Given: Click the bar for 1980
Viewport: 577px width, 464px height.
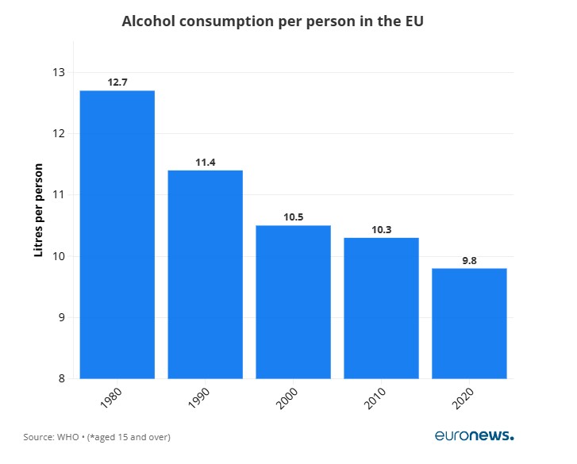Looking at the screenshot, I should pos(117,234).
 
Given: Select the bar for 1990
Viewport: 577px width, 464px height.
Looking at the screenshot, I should pos(206,274).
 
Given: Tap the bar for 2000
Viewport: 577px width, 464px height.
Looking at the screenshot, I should pos(293,301).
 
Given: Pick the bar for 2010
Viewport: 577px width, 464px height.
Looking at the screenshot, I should pos(381,308).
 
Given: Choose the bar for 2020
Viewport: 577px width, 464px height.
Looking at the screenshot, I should pos(469,323).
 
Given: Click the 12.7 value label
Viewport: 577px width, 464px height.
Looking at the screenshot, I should pos(117,82).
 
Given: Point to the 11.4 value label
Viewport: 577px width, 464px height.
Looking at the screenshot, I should pos(206,162).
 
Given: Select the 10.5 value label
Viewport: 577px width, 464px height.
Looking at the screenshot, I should pos(293,217).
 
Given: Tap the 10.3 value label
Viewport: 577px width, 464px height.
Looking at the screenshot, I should pos(381,229).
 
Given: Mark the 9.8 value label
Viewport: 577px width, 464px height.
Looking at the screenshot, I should pos(469,259).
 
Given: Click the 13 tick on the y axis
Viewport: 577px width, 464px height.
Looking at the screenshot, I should pos(58,72).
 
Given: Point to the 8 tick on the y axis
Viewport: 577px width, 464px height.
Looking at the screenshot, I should pos(61,378).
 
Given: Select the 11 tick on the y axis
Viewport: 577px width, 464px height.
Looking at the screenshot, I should pos(58,195).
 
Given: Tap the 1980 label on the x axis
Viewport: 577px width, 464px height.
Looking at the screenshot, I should pos(112,398).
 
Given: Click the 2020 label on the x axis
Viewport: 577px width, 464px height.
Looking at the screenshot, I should pos(464,398).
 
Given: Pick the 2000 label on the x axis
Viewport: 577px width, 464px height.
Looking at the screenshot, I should pos(287,398).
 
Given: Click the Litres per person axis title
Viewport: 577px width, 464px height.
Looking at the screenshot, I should pos(38,210).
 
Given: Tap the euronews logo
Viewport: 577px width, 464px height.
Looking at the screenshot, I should pos(474,435).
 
